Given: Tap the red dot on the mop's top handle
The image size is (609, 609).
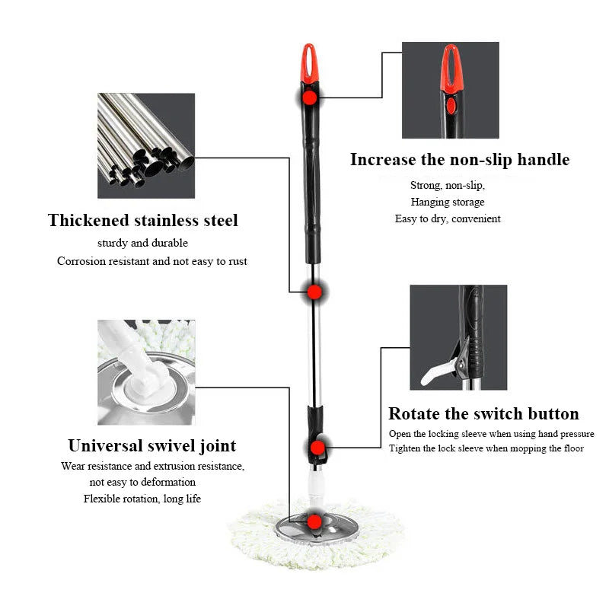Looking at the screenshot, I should click(309, 97).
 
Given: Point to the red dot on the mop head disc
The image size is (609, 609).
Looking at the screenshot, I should click(314, 521).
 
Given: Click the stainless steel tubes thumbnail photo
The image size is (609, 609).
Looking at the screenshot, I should click(146, 145).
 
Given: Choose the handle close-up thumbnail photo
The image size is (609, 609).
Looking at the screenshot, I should click(450, 90).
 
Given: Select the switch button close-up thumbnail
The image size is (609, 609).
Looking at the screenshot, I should click(458, 337).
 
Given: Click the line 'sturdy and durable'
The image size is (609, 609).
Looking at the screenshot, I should click(142, 244).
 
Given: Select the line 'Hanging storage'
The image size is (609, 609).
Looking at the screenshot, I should click(448, 202).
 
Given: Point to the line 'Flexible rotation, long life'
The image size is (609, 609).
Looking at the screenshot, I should click(142, 499).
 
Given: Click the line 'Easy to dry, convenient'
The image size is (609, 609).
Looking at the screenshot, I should click(448, 218).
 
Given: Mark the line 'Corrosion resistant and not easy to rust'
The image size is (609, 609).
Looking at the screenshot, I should click(152, 261).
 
